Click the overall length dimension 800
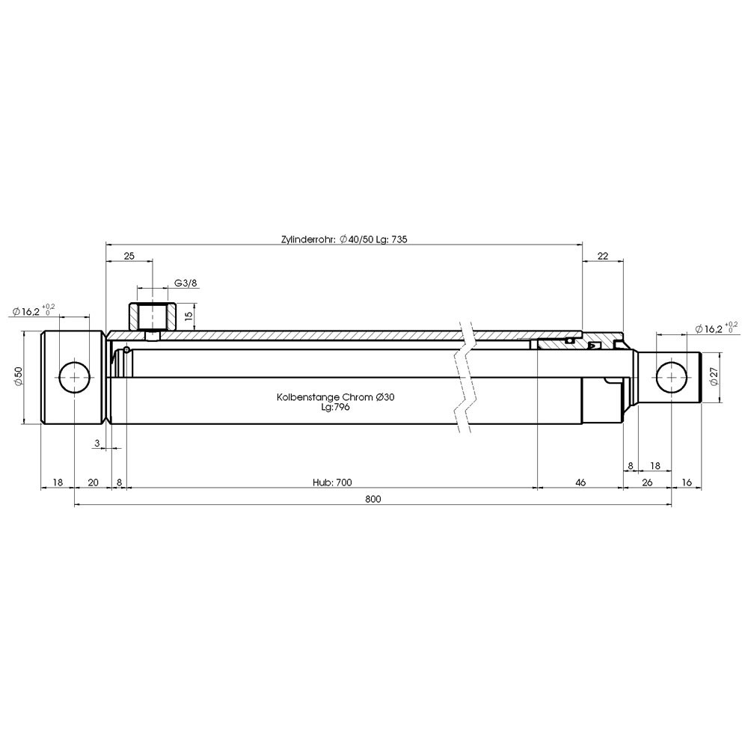(373, 499)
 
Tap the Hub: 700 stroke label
(333, 482)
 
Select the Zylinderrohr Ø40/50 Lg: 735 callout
(344, 239)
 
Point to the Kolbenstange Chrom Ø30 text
(335, 397)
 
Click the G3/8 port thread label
(186, 283)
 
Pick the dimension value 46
(580, 482)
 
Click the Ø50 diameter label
(18, 376)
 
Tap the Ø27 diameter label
(714, 376)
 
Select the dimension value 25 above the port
(129, 256)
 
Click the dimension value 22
(603, 256)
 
